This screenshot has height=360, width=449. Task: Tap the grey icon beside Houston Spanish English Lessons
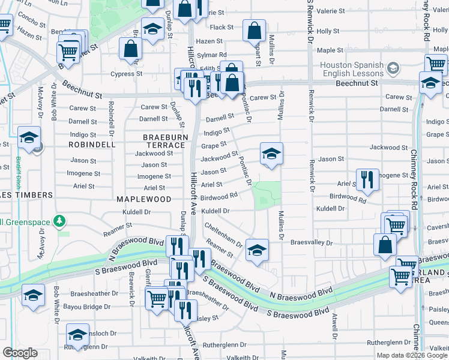[393, 68]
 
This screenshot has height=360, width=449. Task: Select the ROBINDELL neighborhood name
[92, 145]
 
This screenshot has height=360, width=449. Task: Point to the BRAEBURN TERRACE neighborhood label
[163, 141]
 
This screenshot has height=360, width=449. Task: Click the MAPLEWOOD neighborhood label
[143, 199]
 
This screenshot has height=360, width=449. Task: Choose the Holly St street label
[328, 31]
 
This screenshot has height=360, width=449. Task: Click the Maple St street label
[330, 50]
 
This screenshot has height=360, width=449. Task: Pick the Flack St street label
[221, 28]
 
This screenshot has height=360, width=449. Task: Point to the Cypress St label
[130, 74]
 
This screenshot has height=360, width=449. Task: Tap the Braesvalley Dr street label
[311, 243]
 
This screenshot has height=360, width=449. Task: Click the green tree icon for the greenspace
[59, 222]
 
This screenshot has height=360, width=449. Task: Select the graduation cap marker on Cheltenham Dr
[257, 250]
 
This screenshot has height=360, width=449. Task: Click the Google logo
[20, 353]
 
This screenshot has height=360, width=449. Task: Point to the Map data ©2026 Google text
[412, 355]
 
